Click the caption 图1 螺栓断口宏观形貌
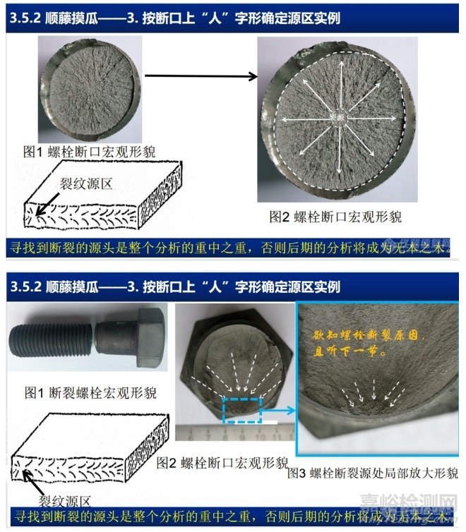tap(89, 150)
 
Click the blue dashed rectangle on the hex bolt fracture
tap(242, 411)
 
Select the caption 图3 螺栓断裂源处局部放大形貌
tap(372, 473)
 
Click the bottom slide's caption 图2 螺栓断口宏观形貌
tap(222, 462)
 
